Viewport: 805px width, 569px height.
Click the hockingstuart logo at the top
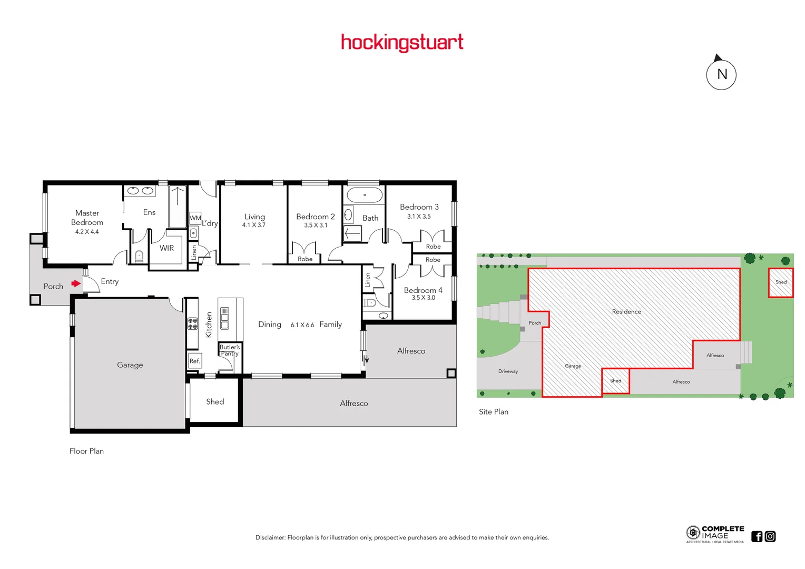click(402, 42)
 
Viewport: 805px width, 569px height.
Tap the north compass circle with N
click(721, 74)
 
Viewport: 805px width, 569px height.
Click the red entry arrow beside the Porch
click(76, 283)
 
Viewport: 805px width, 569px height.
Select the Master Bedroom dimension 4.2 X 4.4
click(87, 232)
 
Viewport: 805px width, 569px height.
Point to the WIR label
click(166, 248)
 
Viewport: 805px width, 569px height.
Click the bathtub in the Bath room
click(365, 195)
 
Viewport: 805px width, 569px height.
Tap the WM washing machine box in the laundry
click(195, 218)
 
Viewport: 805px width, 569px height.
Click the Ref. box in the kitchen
click(194, 361)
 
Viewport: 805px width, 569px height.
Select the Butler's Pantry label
click(230, 350)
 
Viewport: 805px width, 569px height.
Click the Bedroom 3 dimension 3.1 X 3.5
click(419, 217)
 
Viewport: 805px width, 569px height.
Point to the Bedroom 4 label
click(423, 290)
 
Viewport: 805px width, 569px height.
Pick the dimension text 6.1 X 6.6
click(302, 325)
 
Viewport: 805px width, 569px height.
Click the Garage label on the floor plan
click(130, 365)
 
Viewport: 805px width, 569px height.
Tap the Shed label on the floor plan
click(215, 401)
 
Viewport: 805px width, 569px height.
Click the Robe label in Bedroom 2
click(305, 259)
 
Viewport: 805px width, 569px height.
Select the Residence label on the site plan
click(626, 311)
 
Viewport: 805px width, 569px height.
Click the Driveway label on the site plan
click(508, 371)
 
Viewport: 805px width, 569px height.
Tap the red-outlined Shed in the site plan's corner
click(781, 282)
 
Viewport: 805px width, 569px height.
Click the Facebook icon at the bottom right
click(757, 536)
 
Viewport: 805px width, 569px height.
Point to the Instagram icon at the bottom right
click(770, 536)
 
